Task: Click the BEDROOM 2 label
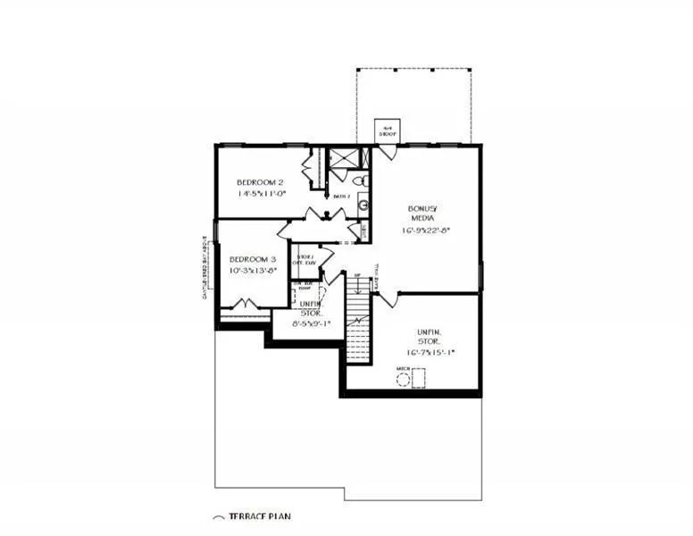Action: click(x=261, y=181)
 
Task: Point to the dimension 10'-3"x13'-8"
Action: click(x=251, y=269)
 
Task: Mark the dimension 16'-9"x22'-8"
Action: click(x=425, y=230)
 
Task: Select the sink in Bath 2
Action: click(x=363, y=204)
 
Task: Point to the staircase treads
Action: click(x=357, y=326)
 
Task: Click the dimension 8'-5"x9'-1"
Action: click(x=310, y=323)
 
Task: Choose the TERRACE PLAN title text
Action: click(x=260, y=516)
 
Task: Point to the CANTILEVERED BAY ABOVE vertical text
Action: click(x=205, y=267)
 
